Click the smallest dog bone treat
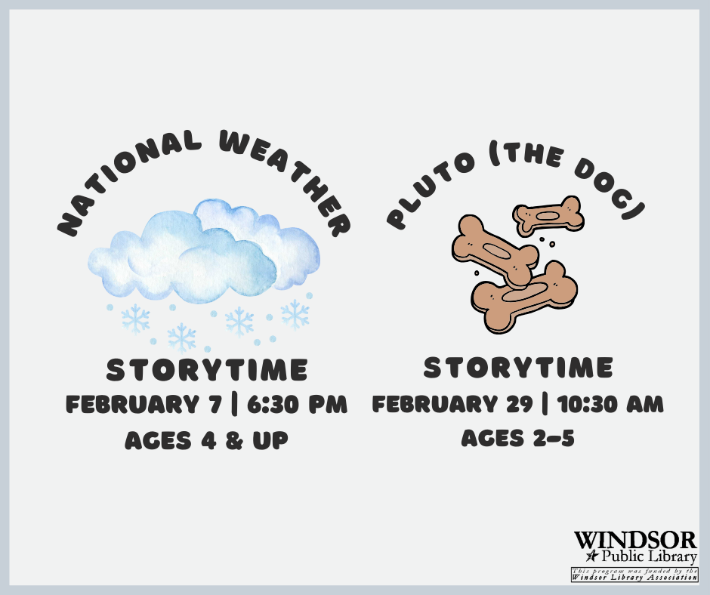[x=548, y=216]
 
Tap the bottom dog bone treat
[x=524, y=297]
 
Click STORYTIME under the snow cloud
[x=207, y=369]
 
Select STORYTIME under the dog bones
[x=518, y=367]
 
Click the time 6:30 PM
[x=297, y=404]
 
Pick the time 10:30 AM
[x=610, y=404]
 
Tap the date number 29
[x=520, y=404]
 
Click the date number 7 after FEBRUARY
[x=215, y=404]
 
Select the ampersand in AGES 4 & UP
[x=234, y=440]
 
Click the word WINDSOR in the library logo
[x=635, y=540]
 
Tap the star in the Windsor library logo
[x=592, y=556]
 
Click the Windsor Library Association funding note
[x=634, y=574]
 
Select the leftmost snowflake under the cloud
[x=135, y=319]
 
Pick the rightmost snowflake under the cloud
[x=295, y=314]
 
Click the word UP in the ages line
[x=270, y=440]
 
